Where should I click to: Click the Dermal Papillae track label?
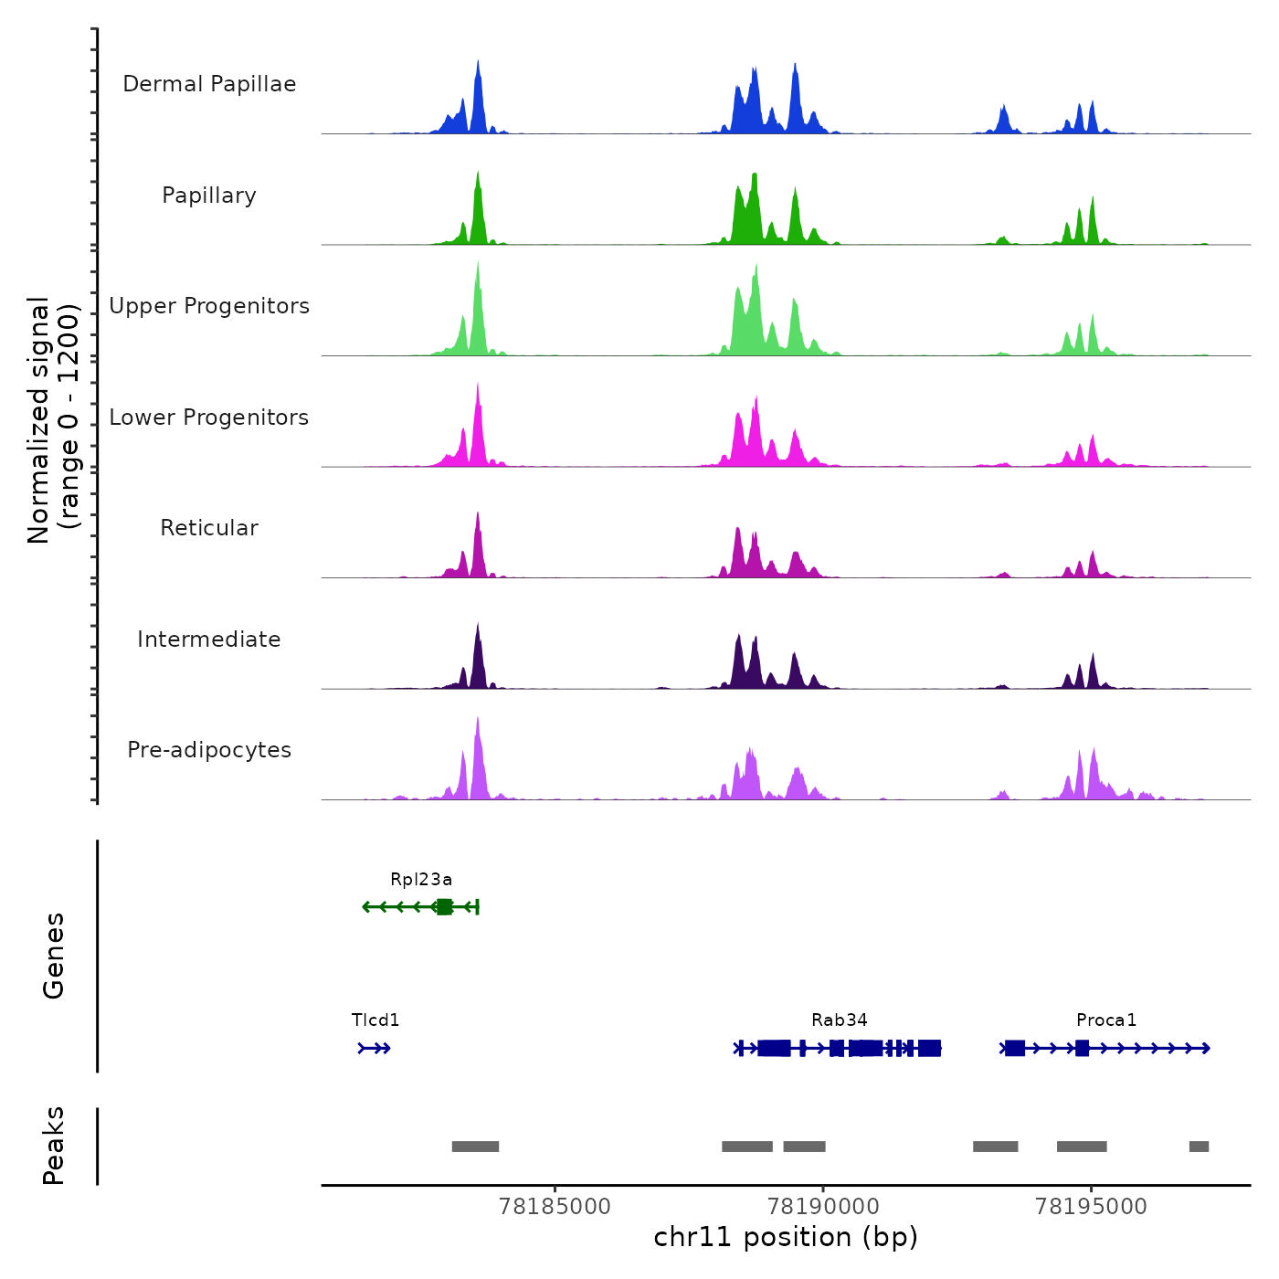coord(209,84)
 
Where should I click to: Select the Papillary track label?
coord(209,196)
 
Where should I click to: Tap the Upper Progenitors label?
coord(209,306)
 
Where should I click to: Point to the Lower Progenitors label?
coord(209,418)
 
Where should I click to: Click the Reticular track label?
coord(209,528)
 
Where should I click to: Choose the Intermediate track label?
coord(209,639)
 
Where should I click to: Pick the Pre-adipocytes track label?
coord(209,750)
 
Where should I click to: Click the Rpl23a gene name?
coord(421,880)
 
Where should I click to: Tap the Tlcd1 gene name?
coord(375,1020)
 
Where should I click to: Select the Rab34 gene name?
coord(840,1020)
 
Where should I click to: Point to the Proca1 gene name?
coord(1106,1020)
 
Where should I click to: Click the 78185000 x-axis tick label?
coord(555,1207)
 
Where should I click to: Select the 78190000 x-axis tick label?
coord(823,1207)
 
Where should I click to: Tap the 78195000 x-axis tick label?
coord(1091,1207)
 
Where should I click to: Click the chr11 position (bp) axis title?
coord(786,1238)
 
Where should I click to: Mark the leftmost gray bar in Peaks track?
coord(475,1147)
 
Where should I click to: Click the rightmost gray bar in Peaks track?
coord(1199,1147)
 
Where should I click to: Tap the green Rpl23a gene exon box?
coord(444,906)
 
